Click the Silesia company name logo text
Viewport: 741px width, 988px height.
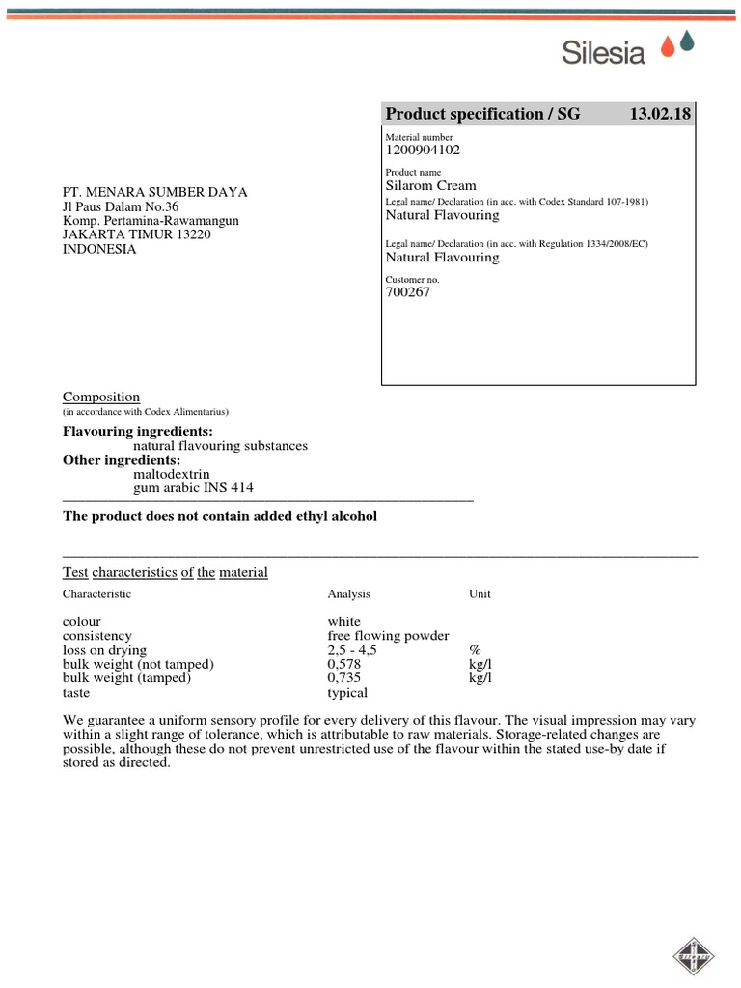[603, 51]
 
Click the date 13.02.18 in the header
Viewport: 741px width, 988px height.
[660, 114]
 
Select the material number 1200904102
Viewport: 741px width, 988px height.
[423, 150]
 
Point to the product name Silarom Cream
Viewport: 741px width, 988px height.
[431, 185]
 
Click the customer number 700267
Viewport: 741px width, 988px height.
[408, 292]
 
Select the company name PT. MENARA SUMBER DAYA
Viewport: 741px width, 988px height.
[155, 192]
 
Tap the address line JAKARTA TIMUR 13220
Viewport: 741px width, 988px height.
[136, 234]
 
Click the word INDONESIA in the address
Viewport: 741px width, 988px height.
[99, 249]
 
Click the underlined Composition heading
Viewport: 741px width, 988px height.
[101, 397]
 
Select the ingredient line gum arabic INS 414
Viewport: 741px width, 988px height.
[194, 488]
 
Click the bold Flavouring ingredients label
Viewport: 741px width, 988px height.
[138, 431]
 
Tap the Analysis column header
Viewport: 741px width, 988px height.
[348, 594]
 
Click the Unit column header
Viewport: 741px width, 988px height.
[480, 594]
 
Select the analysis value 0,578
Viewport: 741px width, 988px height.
[345, 665]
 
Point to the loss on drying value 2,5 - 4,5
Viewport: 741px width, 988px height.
[352, 650]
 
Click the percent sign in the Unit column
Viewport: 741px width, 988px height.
[475, 650]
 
